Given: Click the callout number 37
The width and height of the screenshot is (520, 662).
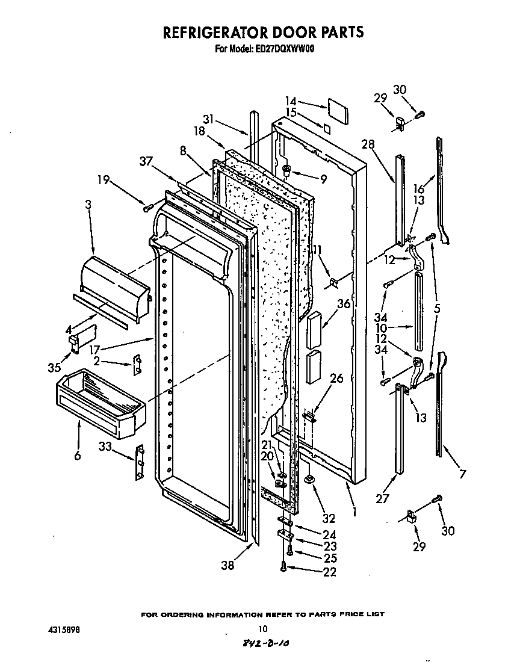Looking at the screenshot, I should pyautogui.click(x=146, y=161).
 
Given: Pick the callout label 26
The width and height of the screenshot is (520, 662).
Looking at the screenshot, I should pyautogui.click(x=336, y=378).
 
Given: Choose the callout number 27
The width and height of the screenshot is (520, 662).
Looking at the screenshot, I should pyautogui.click(x=383, y=498).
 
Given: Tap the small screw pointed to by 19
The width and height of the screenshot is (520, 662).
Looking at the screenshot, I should pyautogui.click(x=146, y=208).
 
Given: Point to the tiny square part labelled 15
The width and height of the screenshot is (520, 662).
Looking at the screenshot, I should pyautogui.click(x=327, y=128).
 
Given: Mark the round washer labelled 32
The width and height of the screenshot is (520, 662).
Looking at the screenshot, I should pyautogui.click(x=309, y=479).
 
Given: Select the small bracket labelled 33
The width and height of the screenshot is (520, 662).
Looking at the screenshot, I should pyautogui.click(x=140, y=463).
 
